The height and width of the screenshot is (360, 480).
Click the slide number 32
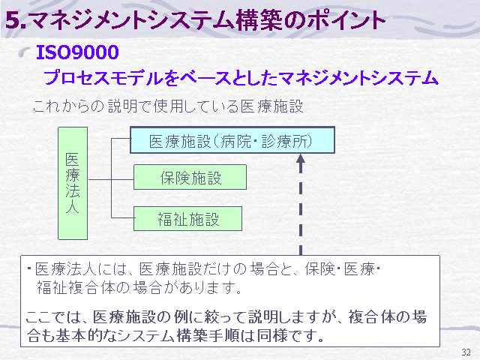point(466,352)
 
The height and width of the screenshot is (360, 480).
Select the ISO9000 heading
point(77,52)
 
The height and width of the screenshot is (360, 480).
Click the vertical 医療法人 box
point(73,183)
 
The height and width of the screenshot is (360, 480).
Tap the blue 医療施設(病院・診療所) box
point(232,140)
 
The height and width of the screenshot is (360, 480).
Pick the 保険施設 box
point(190,177)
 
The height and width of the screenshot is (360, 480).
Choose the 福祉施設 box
point(188,218)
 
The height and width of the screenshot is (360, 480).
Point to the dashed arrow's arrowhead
point(301,158)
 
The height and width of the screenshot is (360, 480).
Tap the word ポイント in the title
point(346,20)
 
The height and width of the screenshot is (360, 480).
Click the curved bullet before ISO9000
point(24,52)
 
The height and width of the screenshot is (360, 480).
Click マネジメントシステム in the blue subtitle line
point(358,78)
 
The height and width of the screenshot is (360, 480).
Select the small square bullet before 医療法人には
point(29,268)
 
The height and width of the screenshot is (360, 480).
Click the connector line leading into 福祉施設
point(122,217)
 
